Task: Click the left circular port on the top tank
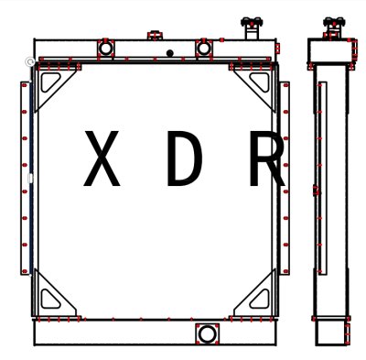pyautogui.click(x=105, y=47)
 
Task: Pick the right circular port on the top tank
pyautogui.click(x=204, y=47)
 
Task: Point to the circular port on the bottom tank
pyautogui.click(x=208, y=333)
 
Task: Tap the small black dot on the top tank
pyautogui.click(x=169, y=53)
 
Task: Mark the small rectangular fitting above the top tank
pyautogui.click(x=155, y=36)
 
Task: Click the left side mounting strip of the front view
pyautogui.click(x=25, y=179)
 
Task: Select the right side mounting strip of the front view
pyautogui.click(x=285, y=179)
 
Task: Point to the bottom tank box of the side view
pyautogui.click(x=332, y=331)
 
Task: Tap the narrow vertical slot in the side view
pyautogui.click(x=322, y=179)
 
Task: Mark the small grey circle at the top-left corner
pyautogui.click(x=30, y=61)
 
